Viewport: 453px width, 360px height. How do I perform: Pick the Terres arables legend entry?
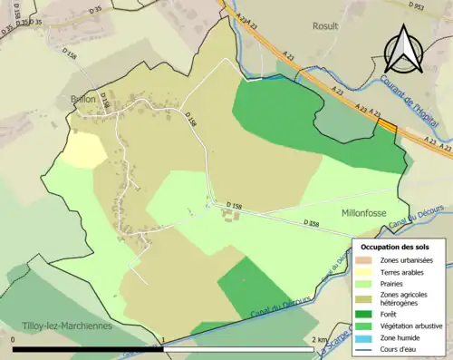[x=404, y=272]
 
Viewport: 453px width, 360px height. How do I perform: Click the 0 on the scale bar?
[x=14, y=340]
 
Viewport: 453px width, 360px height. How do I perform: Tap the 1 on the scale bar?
[x=162, y=340]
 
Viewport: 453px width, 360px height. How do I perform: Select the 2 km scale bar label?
[x=318, y=340]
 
